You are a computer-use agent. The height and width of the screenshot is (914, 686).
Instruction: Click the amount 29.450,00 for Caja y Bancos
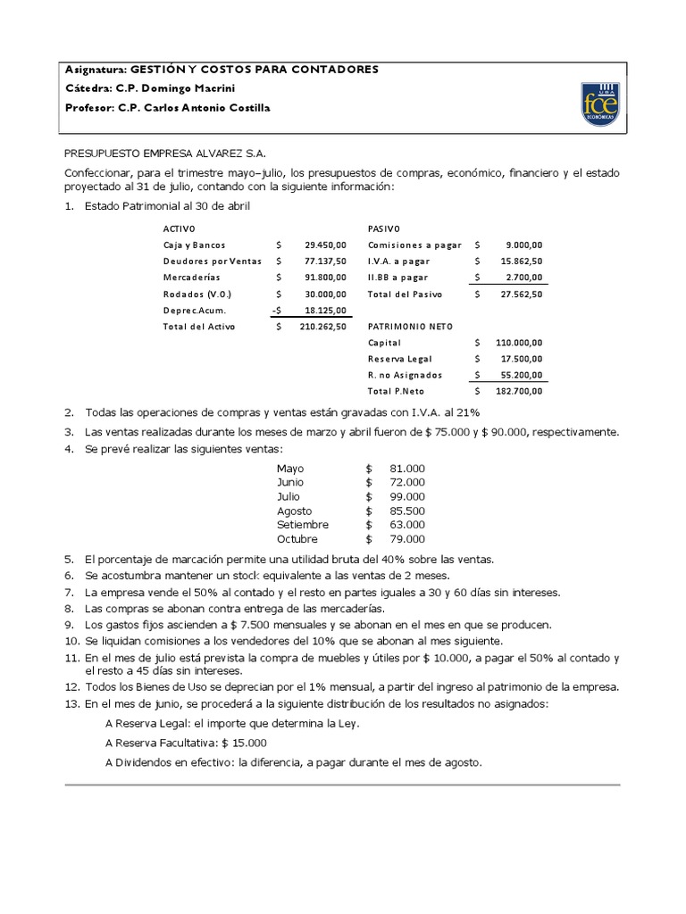[x=325, y=245]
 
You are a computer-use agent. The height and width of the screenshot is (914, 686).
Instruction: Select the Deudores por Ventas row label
[x=212, y=261]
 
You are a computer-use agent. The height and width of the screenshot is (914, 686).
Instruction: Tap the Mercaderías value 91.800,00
[x=325, y=277]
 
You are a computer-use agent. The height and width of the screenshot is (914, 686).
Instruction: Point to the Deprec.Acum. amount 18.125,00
[x=325, y=310]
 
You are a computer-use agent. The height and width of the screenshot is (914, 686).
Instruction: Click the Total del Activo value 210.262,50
[x=322, y=327]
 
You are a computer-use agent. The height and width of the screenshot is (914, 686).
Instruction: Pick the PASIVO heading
[x=384, y=228]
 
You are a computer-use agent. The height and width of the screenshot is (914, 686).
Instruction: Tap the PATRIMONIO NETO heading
[x=408, y=327]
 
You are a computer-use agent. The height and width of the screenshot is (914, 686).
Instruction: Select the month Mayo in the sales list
[x=290, y=469]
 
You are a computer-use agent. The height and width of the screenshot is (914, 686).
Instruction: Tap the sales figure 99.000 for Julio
[x=407, y=496]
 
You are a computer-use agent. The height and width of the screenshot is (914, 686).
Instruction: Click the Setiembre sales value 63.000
[x=407, y=525]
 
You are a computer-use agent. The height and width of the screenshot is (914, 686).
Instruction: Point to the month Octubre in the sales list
[x=297, y=539]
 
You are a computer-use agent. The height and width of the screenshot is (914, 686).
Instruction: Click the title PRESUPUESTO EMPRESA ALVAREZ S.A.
[x=165, y=153]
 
